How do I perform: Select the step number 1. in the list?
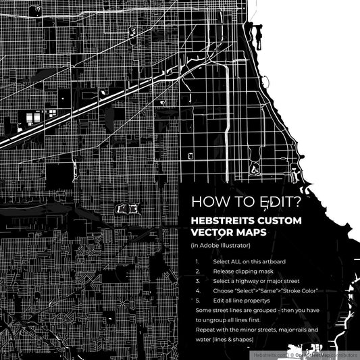click(197, 261)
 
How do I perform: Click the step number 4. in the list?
click(197, 290)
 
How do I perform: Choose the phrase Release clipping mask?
click(242, 271)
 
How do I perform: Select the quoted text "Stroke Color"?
click(297, 290)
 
